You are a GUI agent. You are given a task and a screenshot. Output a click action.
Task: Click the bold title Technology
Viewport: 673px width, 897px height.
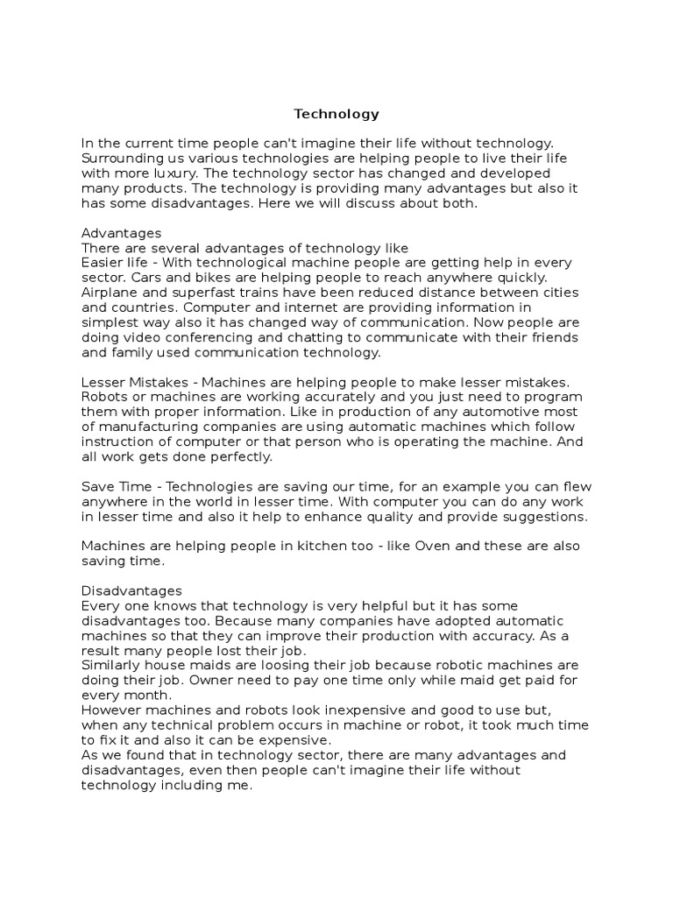tap(336, 114)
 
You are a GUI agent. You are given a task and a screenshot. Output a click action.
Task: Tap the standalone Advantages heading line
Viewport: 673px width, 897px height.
tap(121, 233)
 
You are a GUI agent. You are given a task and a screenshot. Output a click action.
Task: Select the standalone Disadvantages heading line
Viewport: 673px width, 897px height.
tap(131, 591)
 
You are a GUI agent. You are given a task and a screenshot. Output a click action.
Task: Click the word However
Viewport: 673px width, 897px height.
tap(110, 710)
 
